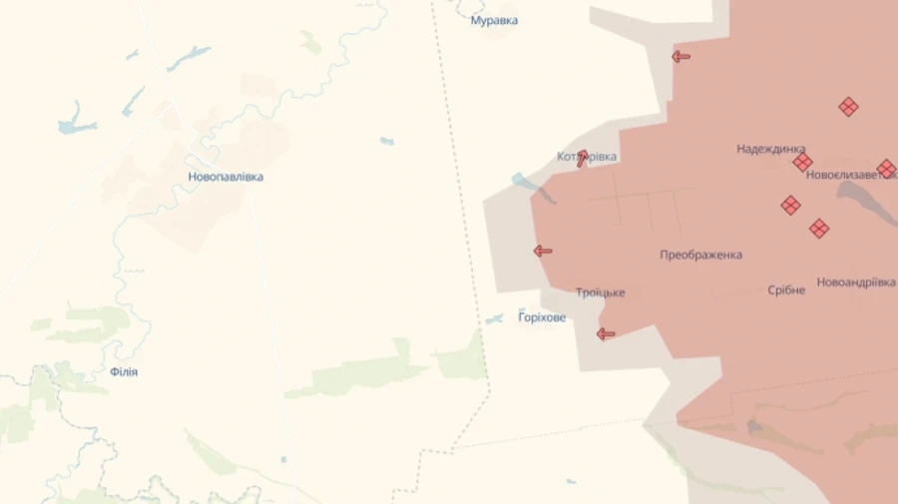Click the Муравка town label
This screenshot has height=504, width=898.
pyautogui.click(x=494, y=20)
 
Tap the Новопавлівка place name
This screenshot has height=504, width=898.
pyautogui.click(x=225, y=177)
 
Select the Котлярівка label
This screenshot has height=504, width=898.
pyautogui.click(x=587, y=157)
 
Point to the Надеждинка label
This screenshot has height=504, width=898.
pyautogui.click(x=770, y=149)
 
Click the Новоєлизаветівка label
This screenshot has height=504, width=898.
pyautogui.click(x=848, y=174)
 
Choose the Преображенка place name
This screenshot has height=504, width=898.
pyautogui.click(x=700, y=254)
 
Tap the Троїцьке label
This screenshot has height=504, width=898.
pyautogui.click(x=600, y=292)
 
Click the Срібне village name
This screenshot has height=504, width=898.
pyautogui.click(x=786, y=290)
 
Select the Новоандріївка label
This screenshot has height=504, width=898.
pyautogui.click(x=856, y=282)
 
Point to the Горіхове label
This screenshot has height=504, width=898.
pyautogui.click(x=542, y=317)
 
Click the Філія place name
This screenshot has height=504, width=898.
pyautogui.click(x=124, y=372)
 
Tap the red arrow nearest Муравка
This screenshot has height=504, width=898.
pyautogui.click(x=680, y=57)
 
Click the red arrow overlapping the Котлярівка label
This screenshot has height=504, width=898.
pyautogui.click(x=583, y=158)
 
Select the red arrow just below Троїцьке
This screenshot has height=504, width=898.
pyautogui.click(x=606, y=334)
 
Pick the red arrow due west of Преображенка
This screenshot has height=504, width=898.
pyautogui.click(x=543, y=251)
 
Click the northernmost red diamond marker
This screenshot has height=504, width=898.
pyautogui.click(x=848, y=107)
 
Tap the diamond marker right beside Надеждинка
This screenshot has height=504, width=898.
pyautogui.click(x=802, y=163)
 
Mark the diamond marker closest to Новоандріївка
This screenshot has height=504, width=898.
pyautogui.click(x=819, y=229)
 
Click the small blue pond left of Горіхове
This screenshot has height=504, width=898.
pyautogui.click(x=494, y=319)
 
